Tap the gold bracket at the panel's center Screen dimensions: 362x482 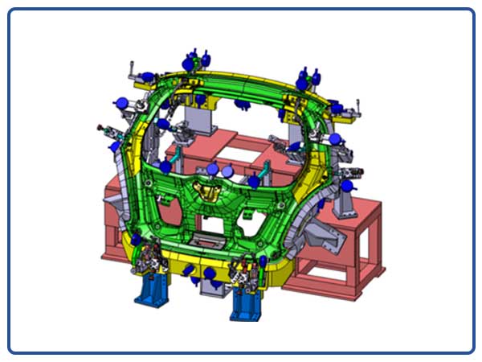click(211, 194)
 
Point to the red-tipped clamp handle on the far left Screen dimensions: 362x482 click(101, 127)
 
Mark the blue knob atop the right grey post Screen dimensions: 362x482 click(347, 186)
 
